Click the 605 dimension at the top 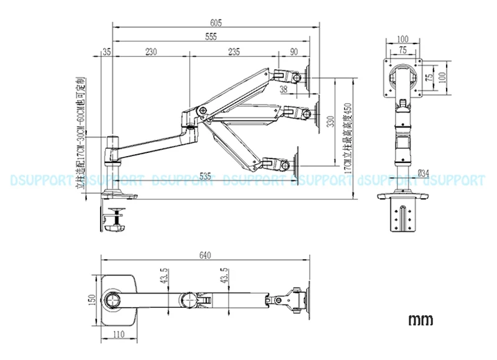tap(216, 22)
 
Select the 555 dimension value tap(211, 37)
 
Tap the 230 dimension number tap(150, 52)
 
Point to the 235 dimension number tap(234, 52)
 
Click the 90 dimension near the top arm tap(293, 52)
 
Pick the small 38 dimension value tap(283, 90)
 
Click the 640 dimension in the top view tap(206, 256)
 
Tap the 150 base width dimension tap(92, 300)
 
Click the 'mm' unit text tap(421, 321)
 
